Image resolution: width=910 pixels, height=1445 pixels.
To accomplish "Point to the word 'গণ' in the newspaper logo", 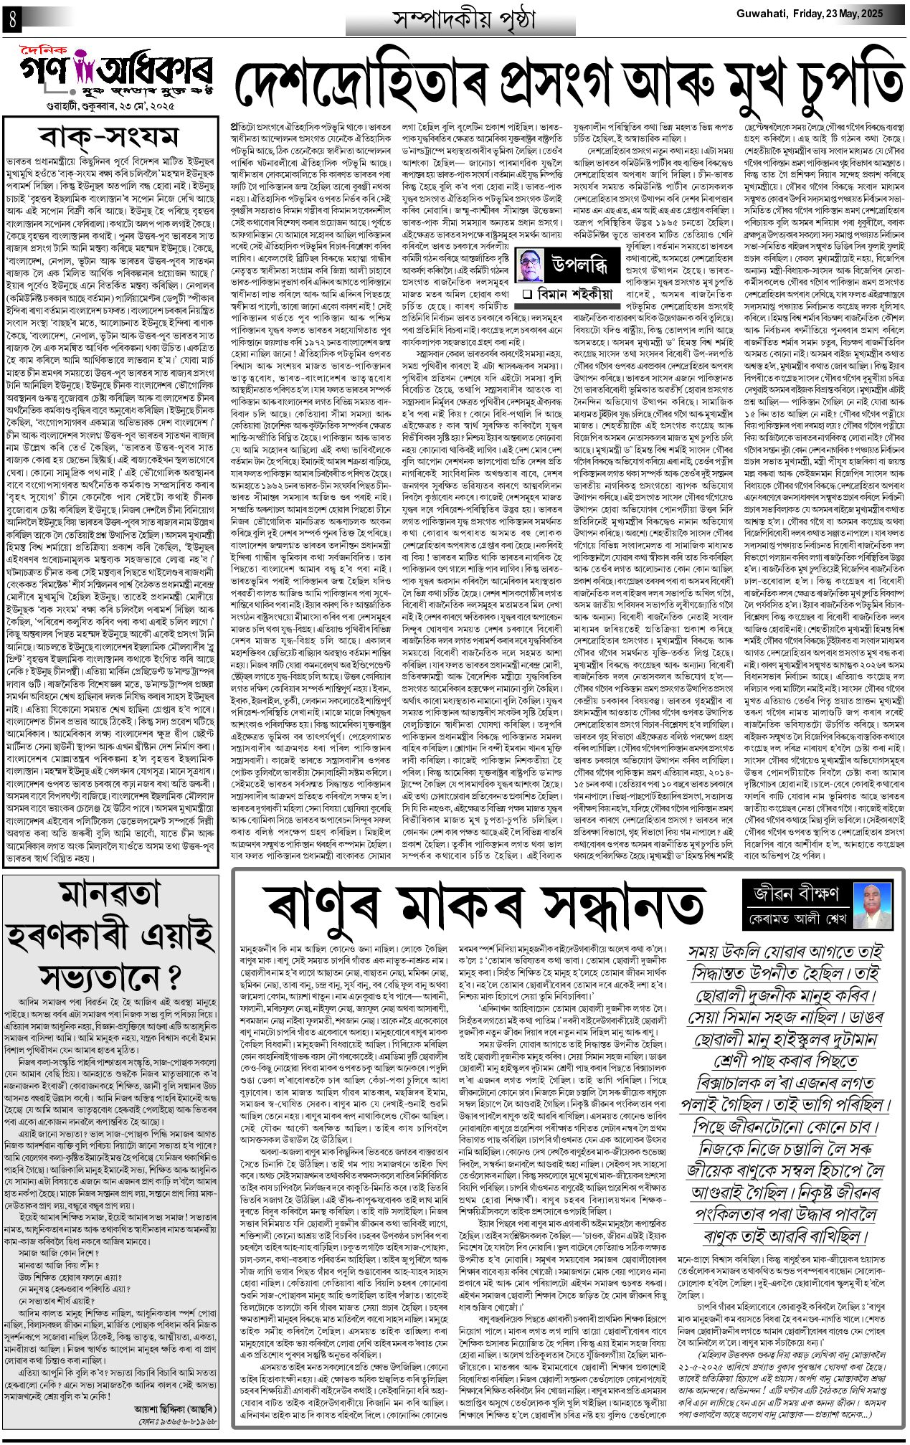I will [x=44, y=73].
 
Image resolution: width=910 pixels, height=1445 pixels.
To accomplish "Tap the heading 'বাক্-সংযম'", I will [x=108, y=137].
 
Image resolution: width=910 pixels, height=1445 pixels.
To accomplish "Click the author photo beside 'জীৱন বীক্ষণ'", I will [x=873, y=906].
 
